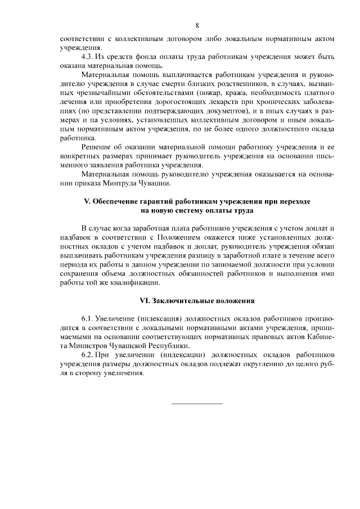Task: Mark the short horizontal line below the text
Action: [x=197, y=403]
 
